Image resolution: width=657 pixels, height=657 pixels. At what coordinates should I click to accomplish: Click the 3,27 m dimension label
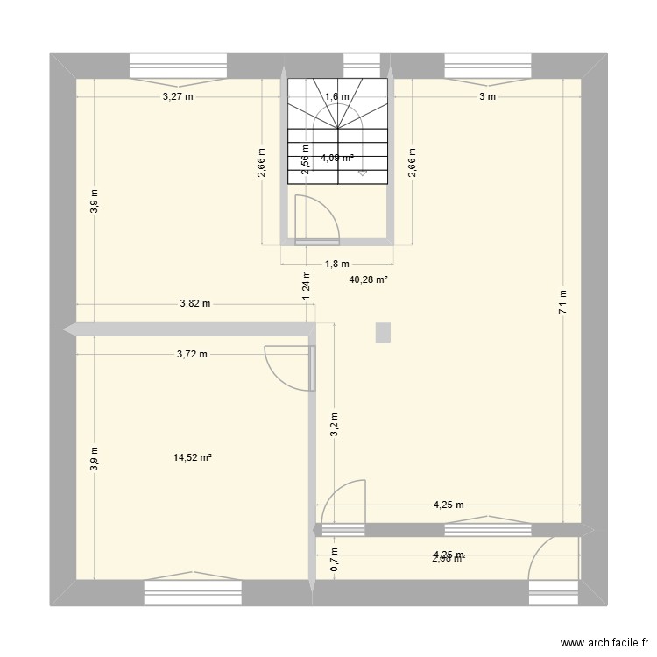[178, 97]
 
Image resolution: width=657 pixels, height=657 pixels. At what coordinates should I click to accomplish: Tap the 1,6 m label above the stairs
[336, 97]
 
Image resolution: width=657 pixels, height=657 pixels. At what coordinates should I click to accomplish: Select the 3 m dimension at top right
[487, 97]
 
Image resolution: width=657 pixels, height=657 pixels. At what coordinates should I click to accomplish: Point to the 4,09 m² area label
[337, 159]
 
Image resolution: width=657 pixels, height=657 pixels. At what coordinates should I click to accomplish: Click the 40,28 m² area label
[368, 280]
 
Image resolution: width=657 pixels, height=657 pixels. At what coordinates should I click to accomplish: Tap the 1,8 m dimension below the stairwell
[337, 264]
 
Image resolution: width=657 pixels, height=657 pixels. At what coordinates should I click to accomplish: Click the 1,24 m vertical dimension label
[307, 286]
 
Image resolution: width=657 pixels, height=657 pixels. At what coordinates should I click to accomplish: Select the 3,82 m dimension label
[194, 304]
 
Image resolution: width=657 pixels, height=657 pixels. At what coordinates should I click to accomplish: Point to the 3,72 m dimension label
[192, 355]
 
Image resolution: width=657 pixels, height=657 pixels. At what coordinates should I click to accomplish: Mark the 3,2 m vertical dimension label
[334, 424]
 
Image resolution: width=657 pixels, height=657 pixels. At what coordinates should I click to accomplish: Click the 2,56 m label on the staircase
[305, 160]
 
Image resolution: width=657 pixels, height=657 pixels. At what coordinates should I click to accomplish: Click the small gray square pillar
[382, 332]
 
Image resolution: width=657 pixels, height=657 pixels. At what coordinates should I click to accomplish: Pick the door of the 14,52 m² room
[290, 366]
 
